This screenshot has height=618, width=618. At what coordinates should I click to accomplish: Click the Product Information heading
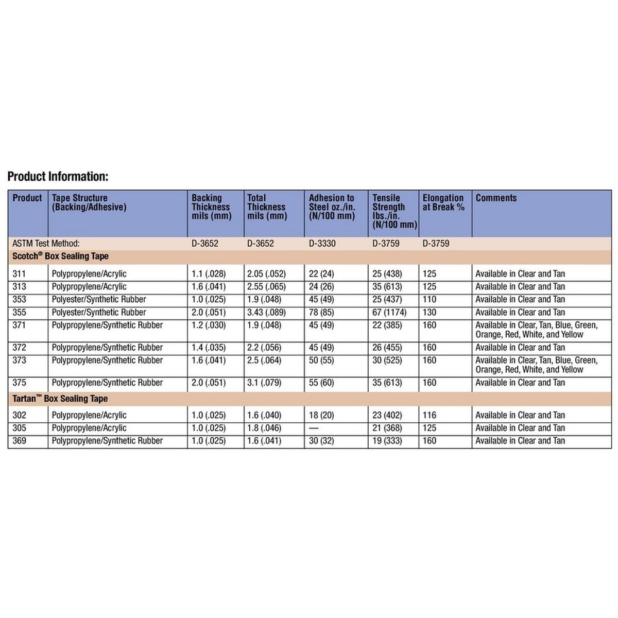point(58,177)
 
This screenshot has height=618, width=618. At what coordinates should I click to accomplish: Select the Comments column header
point(495,198)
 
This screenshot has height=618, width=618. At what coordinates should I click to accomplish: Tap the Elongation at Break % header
point(443,202)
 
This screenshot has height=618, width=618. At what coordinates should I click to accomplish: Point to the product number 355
point(19,312)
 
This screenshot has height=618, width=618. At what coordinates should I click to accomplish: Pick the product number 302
point(19,415)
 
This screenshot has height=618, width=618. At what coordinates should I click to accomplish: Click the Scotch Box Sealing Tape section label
point(60,256)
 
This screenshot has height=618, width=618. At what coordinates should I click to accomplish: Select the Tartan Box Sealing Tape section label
point(60,399)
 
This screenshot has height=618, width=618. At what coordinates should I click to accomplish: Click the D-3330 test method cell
point(322,243)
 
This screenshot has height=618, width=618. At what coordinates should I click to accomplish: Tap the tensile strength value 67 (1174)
point(389,312)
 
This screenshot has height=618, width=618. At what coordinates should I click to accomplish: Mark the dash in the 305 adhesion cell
point(314,428)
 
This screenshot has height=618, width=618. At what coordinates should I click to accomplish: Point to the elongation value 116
point(429,415)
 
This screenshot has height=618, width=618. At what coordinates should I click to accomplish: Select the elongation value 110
point(429,299)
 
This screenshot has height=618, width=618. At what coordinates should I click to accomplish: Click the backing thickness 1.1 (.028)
point(209,273)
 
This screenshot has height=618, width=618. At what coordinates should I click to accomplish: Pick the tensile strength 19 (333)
point(387,441)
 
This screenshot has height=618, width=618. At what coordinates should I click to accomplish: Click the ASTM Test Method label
point(46,243)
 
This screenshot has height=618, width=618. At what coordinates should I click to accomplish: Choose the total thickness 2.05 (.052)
point(266,273)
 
